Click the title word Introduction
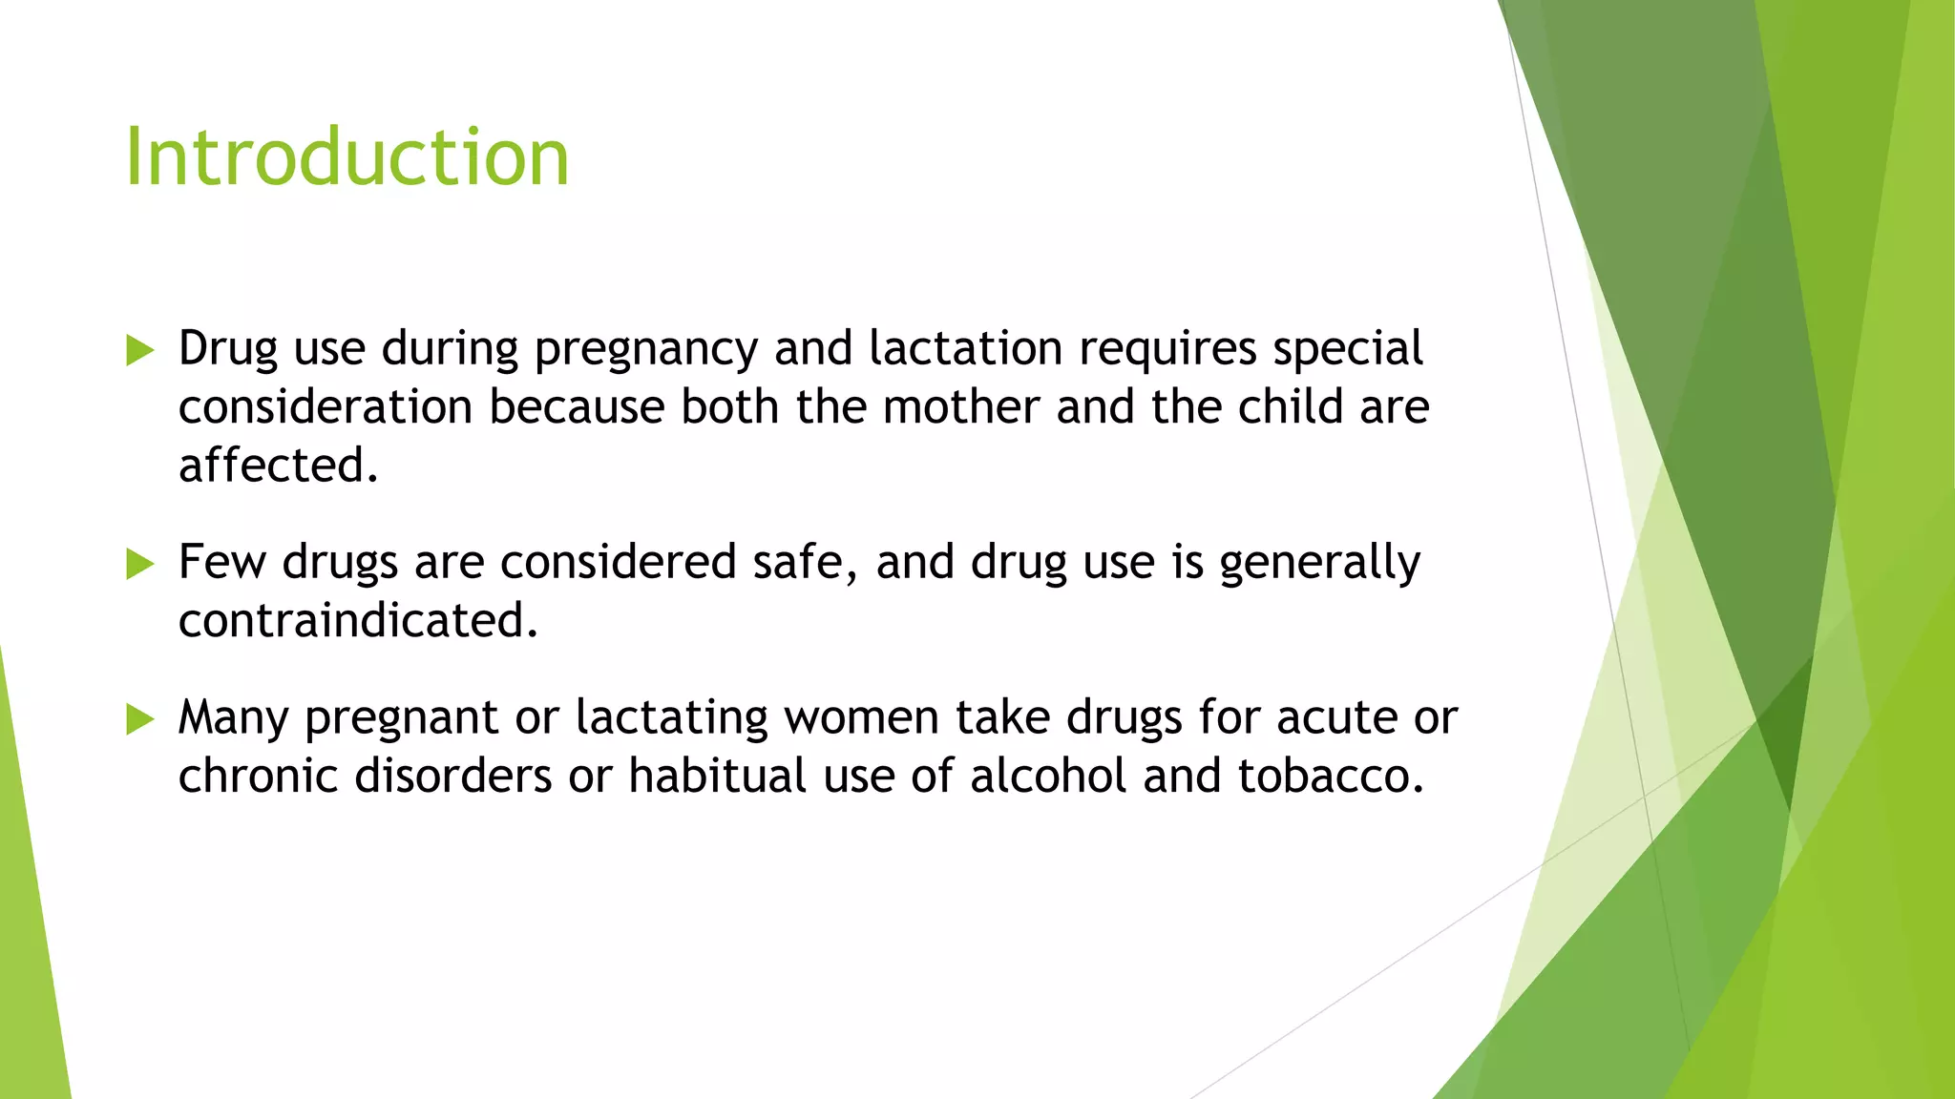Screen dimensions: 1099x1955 347,157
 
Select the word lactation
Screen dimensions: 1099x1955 965,348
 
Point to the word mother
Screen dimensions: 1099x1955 960,407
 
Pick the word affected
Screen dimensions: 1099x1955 278,466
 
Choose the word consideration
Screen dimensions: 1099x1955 325,407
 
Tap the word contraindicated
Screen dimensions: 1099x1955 358,621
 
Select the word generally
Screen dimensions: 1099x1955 1319,564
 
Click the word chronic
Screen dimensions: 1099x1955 258,776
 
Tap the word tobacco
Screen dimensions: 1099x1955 1331,776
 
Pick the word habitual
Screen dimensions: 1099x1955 717,776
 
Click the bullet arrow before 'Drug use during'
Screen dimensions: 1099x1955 139,350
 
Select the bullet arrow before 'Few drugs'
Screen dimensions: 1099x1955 139,564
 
